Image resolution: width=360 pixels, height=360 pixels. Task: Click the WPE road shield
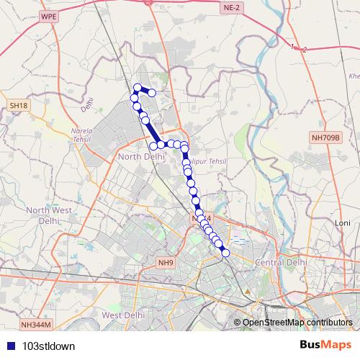tap(48, 15)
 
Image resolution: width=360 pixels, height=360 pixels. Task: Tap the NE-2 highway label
tap(230, 7)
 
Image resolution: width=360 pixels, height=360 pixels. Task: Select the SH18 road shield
tap(19, 106)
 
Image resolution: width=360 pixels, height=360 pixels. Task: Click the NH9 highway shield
tap(166, 264)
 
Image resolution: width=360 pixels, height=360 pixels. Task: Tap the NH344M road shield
tap(37, 325)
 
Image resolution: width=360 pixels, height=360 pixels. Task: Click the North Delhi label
tap(139, 156)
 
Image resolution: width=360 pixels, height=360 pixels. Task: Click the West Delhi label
tap(120, 315)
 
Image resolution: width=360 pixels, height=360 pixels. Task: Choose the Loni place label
tap(343, 224)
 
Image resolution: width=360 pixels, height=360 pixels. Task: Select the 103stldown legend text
tap(48, 346)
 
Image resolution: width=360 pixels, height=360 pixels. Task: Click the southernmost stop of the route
tap(225, 252)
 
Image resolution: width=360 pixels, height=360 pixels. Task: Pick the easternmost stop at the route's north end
tap(152, 92)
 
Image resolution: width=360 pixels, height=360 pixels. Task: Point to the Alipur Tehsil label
tap(206, 161)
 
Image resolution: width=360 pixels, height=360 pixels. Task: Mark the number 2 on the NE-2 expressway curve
tap(305, 49)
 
